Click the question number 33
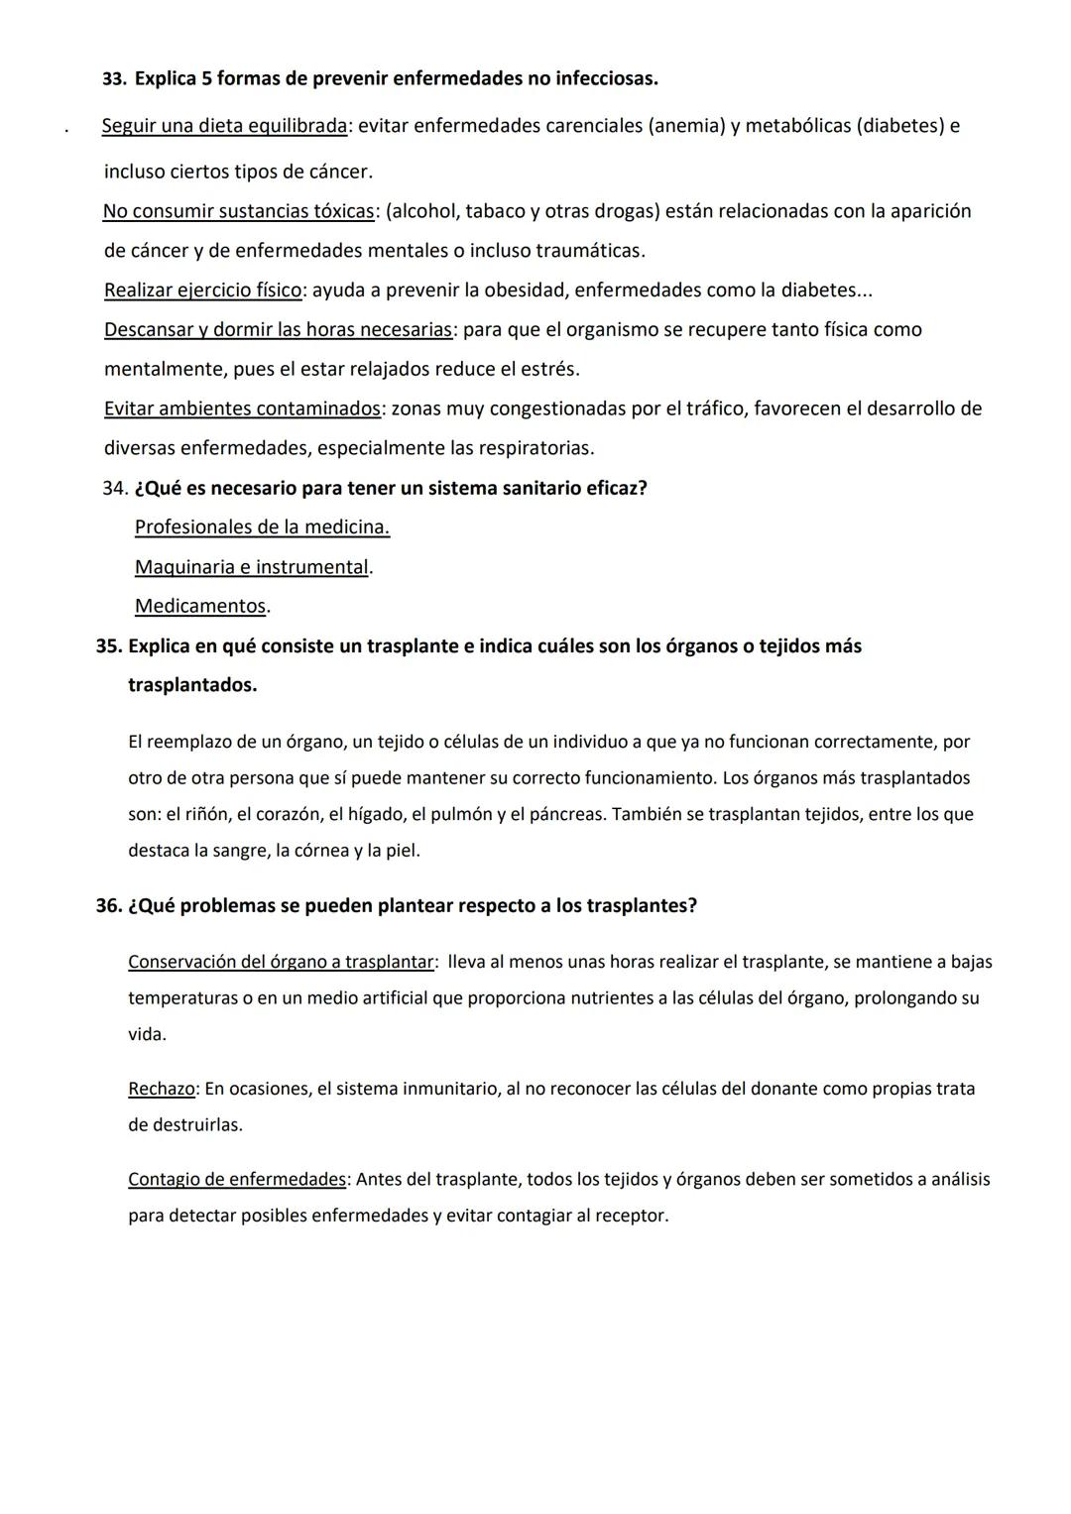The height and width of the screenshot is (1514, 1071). pyautogui.click(x=114, y=78)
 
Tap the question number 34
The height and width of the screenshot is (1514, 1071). pyautogui.click(x=114, y=488)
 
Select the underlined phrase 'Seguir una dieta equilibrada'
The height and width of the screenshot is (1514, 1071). pyautogui.click(x=224, y=126)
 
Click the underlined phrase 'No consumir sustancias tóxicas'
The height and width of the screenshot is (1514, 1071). pyautogui.click(x=238, y=211)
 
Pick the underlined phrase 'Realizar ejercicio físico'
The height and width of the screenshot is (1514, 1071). pyautogui.click(x=203, y=291)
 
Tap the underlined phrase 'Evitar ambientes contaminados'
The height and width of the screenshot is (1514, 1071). pyautogui.click(x=243, y=408)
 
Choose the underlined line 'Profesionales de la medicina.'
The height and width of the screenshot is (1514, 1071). pyautogui.click(x=262, y=527)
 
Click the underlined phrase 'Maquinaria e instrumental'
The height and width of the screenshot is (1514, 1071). pyautogui.click(x=251, y=567)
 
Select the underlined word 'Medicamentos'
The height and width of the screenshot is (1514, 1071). pyautogui.click(x=200, y=606)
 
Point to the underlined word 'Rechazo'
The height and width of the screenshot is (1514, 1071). pyautogui.click(x=162, y=1089)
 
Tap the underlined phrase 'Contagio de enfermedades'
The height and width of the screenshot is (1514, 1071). pyautogui.click(x=237, y=1180)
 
